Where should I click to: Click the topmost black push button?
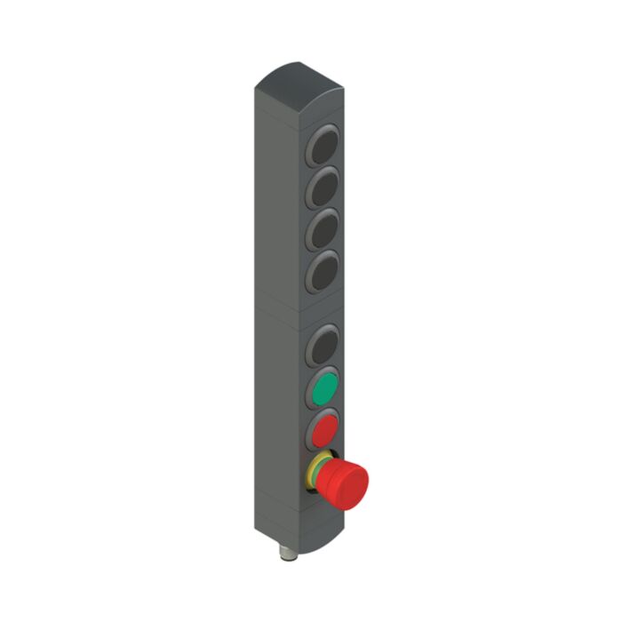[324, 145]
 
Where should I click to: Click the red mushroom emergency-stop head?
[345, 483]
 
